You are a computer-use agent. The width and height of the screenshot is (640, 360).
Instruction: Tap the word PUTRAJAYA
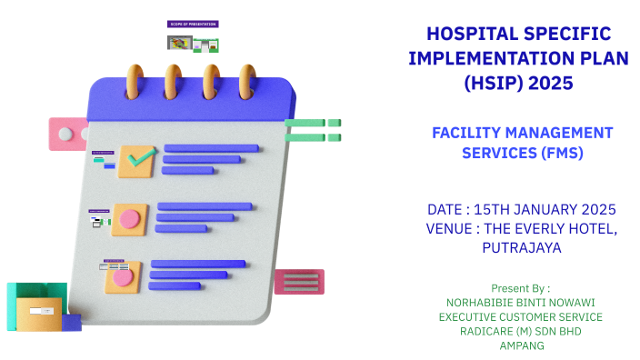tap(521, 247)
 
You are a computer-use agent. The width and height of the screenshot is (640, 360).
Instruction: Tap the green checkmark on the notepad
tap(140, 160)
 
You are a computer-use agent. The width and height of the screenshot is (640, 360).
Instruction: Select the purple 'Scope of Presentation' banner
tap(193, 24)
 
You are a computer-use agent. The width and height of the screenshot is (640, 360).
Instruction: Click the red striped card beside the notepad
tap(299, 282)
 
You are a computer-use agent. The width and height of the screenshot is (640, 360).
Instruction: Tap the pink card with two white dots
tap(68, 134)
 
